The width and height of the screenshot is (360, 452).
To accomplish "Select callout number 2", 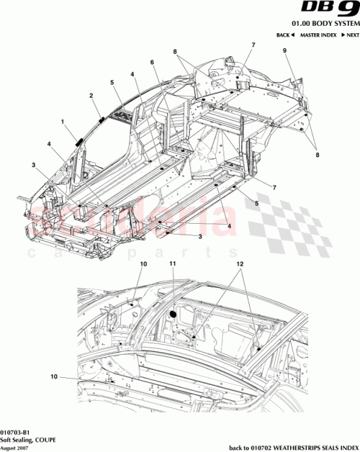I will (x=91, y=96).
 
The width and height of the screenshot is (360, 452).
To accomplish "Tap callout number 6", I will (x=152, y=63).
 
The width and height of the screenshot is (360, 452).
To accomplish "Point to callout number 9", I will (x=284, y=51).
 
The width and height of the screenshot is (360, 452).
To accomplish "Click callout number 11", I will (x=173, y=266).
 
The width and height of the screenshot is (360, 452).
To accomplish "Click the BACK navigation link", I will (x=286, y=36).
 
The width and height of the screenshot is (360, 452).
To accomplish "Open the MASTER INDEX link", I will (x=315, y=36).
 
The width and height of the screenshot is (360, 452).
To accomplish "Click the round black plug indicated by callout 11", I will (x=173, y=314).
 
